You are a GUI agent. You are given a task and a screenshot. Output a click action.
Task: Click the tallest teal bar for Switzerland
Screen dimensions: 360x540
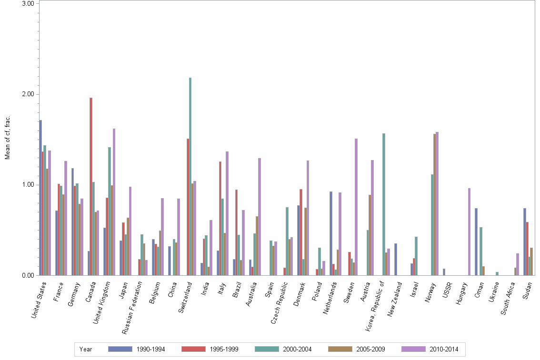coord(190,176)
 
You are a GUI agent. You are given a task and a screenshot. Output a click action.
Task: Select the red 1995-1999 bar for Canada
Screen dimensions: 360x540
coord(91,186)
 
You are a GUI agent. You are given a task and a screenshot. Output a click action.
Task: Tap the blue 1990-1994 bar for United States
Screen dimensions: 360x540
coord(40,198)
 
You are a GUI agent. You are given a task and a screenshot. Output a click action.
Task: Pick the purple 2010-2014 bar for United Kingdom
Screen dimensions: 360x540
coord(114,202)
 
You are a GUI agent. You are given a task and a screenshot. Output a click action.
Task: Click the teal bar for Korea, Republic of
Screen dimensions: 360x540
coord(384,204)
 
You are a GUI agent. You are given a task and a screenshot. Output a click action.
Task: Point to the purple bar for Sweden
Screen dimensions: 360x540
coord(356,207)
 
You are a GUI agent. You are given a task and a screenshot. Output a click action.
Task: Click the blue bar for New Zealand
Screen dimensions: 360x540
coord(396,259)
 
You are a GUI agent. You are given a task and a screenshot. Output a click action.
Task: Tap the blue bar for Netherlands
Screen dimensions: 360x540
coord(331,233)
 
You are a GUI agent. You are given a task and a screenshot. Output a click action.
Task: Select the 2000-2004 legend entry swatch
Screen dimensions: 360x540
coord(268,349)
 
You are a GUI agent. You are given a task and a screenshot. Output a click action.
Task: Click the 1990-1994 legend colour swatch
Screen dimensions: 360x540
coord(121,349)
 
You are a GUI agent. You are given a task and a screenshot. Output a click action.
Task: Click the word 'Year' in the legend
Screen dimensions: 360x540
coord(86,349)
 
